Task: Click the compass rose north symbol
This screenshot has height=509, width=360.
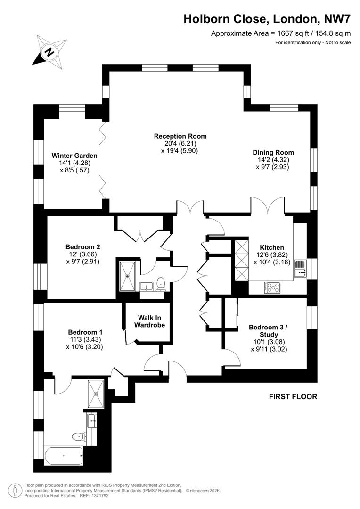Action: pyautogui.click(x=49, y=51)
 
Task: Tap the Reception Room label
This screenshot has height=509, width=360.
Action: pyautogui.click(x=180, y=136)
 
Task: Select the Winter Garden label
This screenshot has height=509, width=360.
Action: pyautogui.click(x=74, y=156)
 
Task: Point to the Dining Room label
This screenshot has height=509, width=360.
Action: pyautogui.click(x=273, y=152)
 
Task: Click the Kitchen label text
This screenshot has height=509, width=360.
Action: pyautogui.click(x=272, y=247)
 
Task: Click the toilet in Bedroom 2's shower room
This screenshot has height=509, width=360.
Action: pyautogui.click(x=161, y=283)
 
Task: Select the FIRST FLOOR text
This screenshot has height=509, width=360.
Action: pyautogui.click(x=293, y=396)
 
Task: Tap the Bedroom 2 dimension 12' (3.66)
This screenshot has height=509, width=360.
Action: pyautogui.click(x=82, y=254)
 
